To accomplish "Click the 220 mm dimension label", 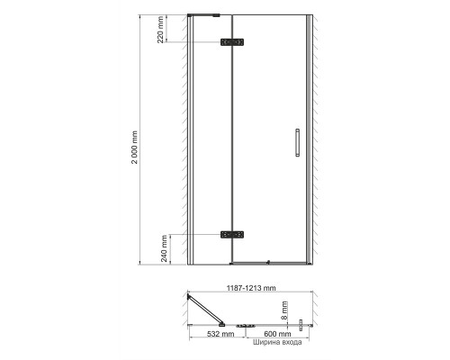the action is pyautogui.click(x=161, y=30).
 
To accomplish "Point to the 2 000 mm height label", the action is pyautogui.click(x=135, y=147).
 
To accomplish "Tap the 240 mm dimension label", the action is pyautogui.click(x=164, y=248).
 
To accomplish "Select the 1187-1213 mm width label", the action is pyautogui.click(x=251, y=288).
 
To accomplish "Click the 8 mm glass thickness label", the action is pyautogui.click(x=284, y=310).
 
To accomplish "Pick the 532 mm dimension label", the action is pyautogui.click(x=220, y=334).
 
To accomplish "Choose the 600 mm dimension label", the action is pyautogui.click(x=277, y=334).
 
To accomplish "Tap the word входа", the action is pyautogui.click(x=290, y=342).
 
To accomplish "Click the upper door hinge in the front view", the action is pyautogui.click(x=232, y=42).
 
